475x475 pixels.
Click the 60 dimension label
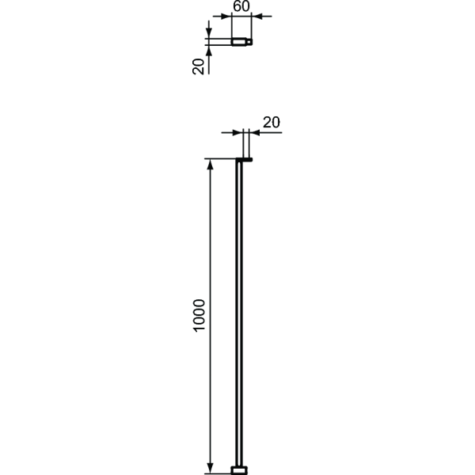241,7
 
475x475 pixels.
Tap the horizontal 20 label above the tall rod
271,122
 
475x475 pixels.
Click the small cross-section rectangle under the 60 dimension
240,41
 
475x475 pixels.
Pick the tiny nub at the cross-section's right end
251,41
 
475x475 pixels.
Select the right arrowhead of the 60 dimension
257,16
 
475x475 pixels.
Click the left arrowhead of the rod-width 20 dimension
234,133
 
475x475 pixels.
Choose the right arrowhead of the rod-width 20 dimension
255,133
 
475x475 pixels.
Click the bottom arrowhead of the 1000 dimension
210,468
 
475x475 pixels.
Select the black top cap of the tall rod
244,160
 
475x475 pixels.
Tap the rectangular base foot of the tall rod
240,469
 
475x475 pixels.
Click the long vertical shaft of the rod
240,317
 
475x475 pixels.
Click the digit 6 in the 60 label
237,7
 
